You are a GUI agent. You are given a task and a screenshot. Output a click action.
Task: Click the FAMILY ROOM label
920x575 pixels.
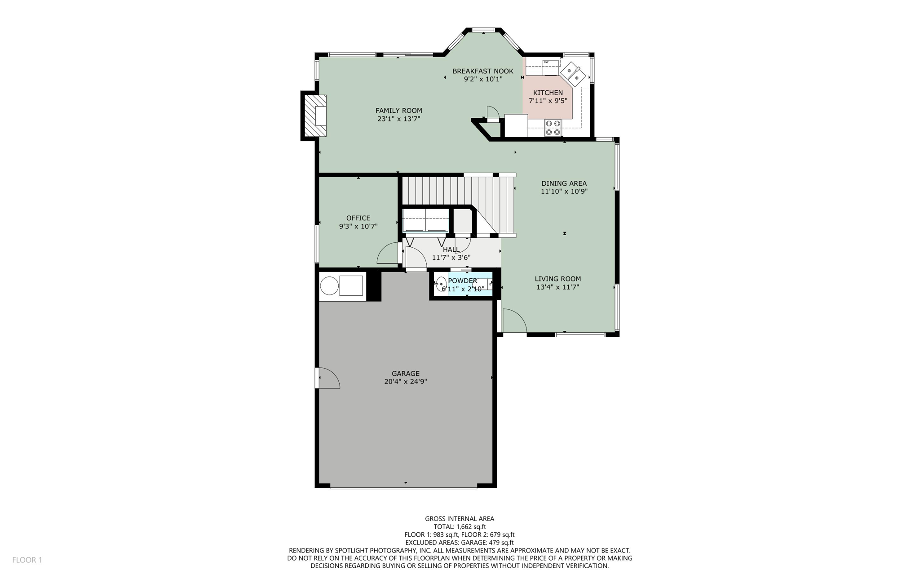398,111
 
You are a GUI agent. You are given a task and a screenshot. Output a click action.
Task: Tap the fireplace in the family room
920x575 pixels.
314,116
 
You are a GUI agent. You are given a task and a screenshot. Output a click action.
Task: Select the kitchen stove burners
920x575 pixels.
553,127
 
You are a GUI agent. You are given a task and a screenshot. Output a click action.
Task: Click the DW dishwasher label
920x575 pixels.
546,62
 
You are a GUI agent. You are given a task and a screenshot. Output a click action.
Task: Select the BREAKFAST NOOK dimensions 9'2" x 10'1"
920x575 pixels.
483,79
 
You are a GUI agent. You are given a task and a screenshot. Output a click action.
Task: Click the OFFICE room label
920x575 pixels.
358,218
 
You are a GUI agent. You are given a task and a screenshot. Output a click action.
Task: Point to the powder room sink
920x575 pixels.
441,284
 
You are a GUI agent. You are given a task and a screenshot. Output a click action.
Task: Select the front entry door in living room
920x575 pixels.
514,321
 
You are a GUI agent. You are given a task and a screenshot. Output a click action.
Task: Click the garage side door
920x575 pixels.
328,378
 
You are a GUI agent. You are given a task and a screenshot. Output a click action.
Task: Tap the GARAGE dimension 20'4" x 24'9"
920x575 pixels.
405,382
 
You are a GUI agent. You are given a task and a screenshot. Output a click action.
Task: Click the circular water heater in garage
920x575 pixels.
329,286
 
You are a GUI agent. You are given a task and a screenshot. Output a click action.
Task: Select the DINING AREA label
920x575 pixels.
564,183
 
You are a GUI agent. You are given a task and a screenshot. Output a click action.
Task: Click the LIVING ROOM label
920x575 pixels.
557,279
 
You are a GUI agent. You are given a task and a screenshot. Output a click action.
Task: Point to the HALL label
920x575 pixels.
451,250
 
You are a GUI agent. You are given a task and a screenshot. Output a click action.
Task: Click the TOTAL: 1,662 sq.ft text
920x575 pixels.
460,526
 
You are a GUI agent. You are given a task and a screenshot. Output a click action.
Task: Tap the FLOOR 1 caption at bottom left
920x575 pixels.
27,560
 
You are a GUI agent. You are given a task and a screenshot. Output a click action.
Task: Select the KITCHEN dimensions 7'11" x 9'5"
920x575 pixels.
548,101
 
